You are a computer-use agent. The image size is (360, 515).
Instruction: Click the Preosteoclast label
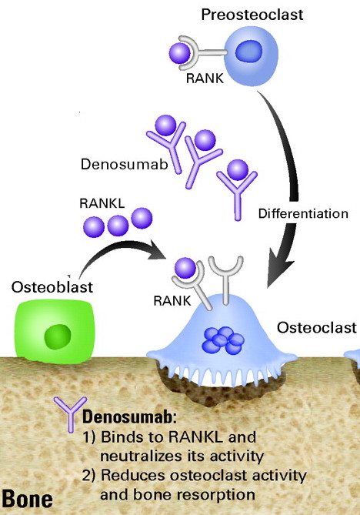tap(252, 15)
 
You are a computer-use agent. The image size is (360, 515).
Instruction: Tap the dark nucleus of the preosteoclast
tap(249, 52)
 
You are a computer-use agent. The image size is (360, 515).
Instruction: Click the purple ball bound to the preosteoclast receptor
tap(179, 53)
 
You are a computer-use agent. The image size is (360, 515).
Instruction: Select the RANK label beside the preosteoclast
tap(205, 79)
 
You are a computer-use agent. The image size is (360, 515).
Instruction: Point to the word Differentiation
tap(303, 214)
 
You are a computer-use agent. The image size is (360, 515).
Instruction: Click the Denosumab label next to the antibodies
tap(125, 164)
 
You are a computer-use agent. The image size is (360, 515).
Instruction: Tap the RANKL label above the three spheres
tap(102, 204)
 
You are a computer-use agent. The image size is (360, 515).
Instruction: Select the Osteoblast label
tap(52, 287)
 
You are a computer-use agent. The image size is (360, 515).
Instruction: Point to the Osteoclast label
tap(317, 327)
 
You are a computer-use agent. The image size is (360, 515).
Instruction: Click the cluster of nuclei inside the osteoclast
tap(223, 340)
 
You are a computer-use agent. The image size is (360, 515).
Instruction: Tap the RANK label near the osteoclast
tap(172, 301)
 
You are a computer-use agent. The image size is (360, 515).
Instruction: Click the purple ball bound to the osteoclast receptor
tap(185, 268)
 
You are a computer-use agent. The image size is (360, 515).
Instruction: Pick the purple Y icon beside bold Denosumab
tap(71, 414)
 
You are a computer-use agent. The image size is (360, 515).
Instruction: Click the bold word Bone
tap(27, 499)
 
